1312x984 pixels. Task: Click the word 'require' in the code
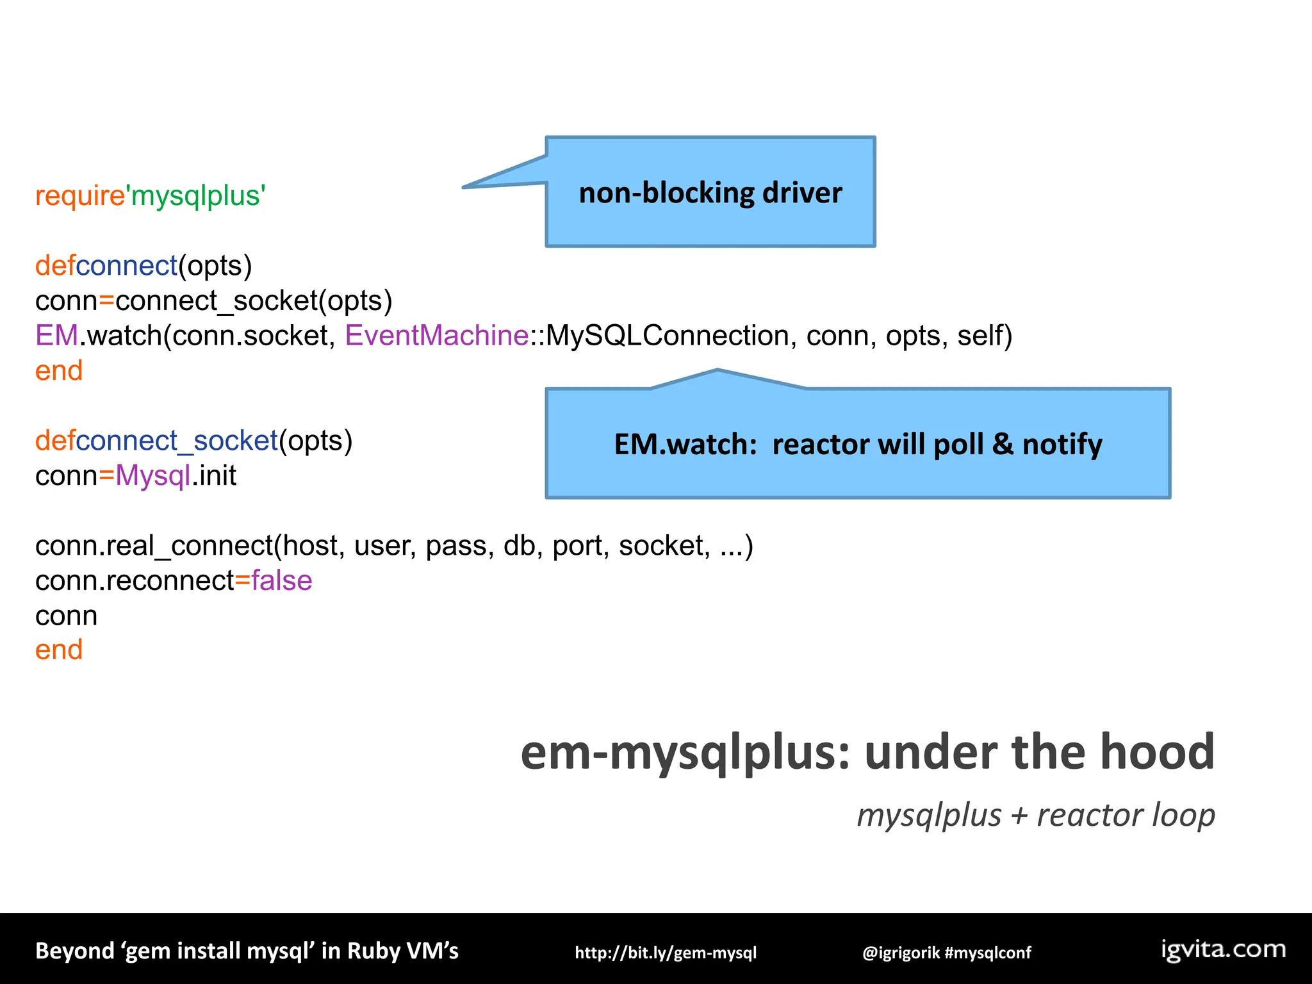tap(79, 196)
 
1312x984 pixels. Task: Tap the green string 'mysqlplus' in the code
tap(197, 196)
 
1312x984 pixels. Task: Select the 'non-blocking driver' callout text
tap(710, 193)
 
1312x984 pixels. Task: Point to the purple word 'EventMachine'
tap(436, 336)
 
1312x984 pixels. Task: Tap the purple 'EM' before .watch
tap(56, 336)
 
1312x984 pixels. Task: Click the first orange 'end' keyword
tap(59, 371)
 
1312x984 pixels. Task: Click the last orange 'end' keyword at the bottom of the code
tap(59, 650)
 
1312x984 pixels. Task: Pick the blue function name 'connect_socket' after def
tap(177, 441)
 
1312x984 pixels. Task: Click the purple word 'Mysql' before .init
tap(152, 476)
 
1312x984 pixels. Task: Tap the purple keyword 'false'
tap(281, 580)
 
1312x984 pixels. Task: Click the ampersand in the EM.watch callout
tap(1002, 444)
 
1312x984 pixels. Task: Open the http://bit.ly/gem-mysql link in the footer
tap(666, 953)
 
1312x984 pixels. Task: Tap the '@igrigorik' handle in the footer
tap(901, 953)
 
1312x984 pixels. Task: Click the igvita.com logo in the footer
tap(1223, 949)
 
